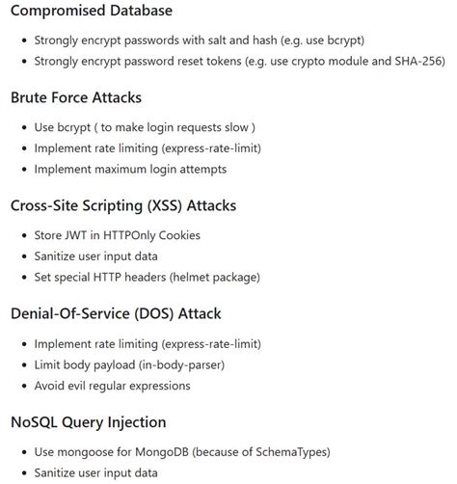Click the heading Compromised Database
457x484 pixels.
point(92,12)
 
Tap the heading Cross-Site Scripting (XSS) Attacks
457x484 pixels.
point(122,205)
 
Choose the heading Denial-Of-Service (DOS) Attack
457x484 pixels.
point(116,313)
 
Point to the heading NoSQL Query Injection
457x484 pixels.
point(89,421)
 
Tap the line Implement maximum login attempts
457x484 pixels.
point(129,169)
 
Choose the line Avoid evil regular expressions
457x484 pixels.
point(112,386)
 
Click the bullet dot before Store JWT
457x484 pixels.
point(21,235)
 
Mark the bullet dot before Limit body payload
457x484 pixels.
point(21,364)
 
